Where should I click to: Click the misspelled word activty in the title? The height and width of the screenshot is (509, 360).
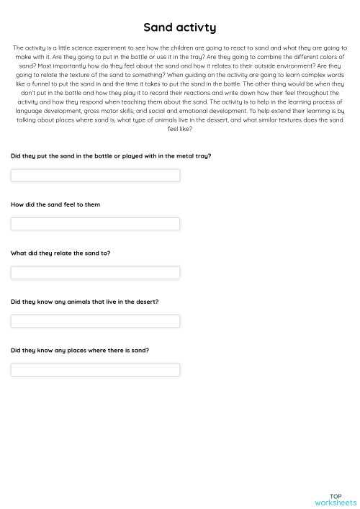[x=195, y=27]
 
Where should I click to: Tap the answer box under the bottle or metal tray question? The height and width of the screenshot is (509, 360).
[x=95, y=176]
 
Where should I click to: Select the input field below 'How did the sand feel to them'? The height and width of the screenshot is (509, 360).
[x=95, y=224]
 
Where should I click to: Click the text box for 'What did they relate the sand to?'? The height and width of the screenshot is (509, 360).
[x=95, y=272]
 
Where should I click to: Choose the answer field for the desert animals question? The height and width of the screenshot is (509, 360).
[x=95, y=321]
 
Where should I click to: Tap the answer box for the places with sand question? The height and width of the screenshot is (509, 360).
[x=95, y=369]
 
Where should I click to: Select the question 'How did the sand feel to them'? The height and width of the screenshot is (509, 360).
[x=55, y=204]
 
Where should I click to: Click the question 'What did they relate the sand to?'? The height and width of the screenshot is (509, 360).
[x=60, y=253]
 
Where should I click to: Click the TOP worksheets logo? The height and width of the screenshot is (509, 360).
[x=336, y=499]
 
